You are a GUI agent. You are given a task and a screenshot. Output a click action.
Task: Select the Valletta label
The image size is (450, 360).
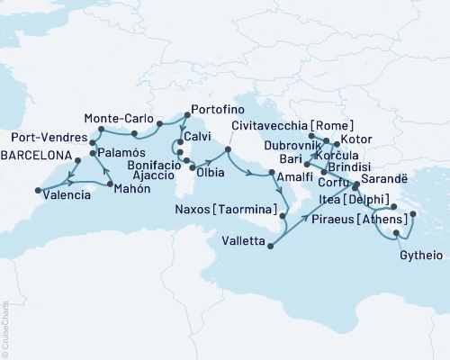pos(241,240)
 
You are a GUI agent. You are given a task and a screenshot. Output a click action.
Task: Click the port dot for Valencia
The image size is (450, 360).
pos(38,190)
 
